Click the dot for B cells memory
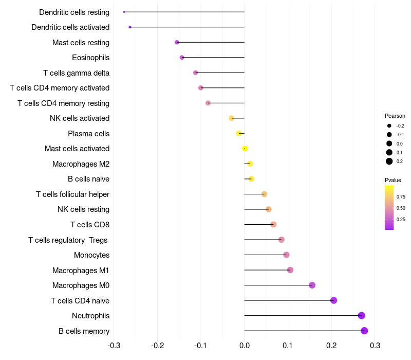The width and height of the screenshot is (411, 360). point(364,331)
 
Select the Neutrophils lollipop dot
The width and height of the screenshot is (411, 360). point(362,316)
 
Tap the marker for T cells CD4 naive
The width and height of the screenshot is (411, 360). point(333,300)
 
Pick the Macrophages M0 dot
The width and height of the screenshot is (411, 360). point(312,285)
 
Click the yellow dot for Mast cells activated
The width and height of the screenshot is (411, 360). point(245,149)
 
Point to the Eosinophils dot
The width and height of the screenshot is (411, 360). point(182,58)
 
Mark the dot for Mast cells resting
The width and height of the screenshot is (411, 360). point(177,42)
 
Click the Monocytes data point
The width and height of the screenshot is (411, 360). point(286,255)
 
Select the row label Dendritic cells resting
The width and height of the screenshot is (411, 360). point(74,12)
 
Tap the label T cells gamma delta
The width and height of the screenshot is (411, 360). point(76,73)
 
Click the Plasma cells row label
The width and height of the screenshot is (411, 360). point(88,134)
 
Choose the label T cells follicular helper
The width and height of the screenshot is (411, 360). point(72,194)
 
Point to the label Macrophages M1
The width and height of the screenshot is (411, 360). point(81,270)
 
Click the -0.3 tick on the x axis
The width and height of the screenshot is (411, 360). point(114,345)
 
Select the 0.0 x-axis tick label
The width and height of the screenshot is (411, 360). point(245,345)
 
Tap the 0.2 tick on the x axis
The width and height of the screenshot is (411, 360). point(331,345)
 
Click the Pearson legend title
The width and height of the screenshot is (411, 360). point(395,116)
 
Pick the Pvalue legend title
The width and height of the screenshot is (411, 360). point(393,180)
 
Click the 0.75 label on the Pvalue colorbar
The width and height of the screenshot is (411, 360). point(401,196)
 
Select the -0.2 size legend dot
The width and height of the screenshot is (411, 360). point(389,126)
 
